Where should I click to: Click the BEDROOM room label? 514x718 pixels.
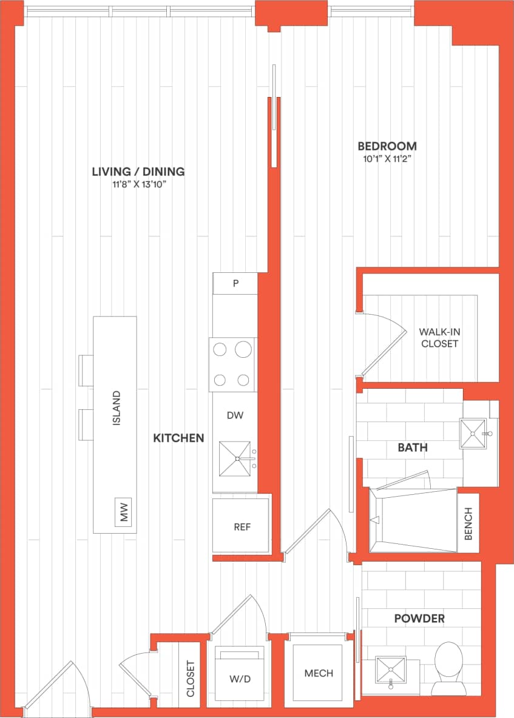coord(387,146)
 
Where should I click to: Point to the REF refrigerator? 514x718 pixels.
coord(242,526)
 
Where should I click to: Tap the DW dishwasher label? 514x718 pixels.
coord(235,415)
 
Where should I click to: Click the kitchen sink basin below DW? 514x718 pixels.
coord(234,459)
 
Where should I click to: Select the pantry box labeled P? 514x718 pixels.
coord(235,283)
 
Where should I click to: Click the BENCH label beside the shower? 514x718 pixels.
coord(468,523)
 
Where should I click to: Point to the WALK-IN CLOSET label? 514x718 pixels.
coord(438,338)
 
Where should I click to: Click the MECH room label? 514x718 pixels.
coord(319,673)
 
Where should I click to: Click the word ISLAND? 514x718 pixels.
coord(117,408)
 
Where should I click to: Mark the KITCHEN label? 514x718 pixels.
coord(178,438)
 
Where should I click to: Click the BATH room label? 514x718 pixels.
coord(413,448)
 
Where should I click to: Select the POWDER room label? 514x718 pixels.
coord(419,619)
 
